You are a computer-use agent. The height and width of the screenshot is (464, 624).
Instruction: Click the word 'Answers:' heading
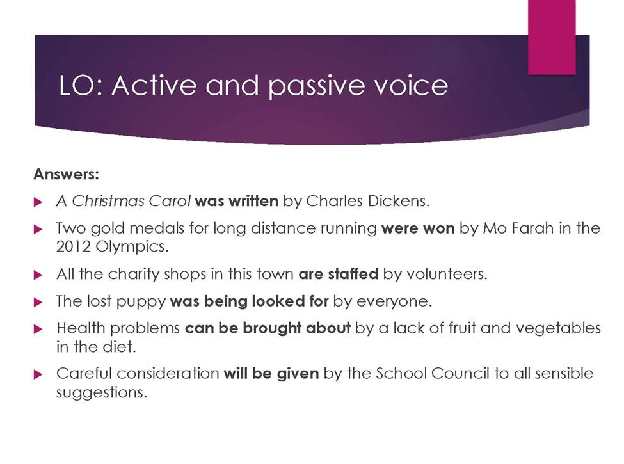pos(66,174)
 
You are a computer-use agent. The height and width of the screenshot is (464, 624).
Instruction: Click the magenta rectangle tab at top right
pos(552,37)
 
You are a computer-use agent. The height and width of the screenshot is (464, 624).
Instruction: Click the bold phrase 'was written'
pos(237,201)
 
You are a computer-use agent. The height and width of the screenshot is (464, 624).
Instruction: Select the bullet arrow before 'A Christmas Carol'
pos(38,202)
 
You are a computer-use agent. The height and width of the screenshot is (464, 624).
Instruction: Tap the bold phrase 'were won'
pos(418,228)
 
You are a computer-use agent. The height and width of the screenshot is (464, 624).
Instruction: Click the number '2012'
pos(73,246)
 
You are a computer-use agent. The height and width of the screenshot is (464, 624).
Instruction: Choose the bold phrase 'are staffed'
pos(339,274)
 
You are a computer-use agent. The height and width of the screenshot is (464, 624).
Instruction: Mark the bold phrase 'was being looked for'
pos(250,301)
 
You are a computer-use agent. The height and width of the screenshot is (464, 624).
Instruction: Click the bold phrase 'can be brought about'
pos(268,328)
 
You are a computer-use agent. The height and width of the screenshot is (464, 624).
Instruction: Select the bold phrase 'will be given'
pos(271,374)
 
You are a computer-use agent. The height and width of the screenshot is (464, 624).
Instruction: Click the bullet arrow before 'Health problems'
pos(38,329)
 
